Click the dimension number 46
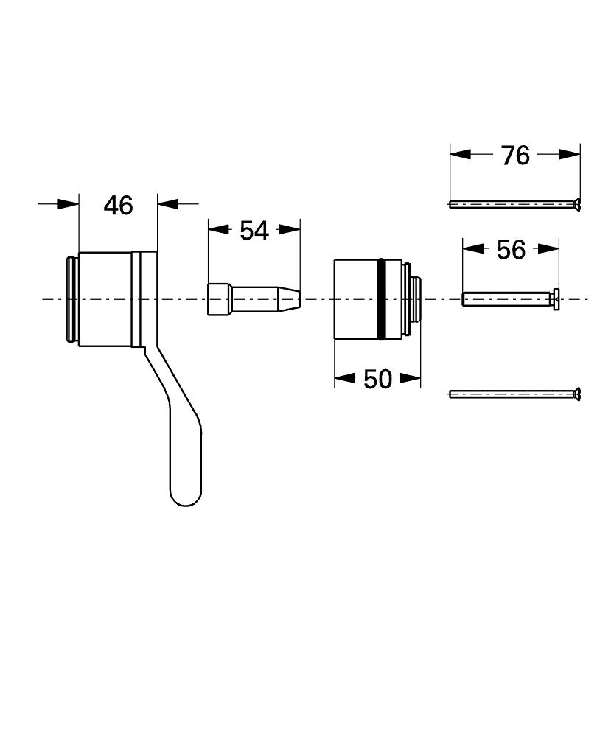click(x=118, y=205)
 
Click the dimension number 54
click(x=254, y=230)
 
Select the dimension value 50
click(x=377, y=379)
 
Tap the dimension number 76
click(x=515, y=155)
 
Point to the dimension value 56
click(x=511, y=250)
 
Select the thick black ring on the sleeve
click(x=381, y=298)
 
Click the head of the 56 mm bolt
click(x=556, y=298)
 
